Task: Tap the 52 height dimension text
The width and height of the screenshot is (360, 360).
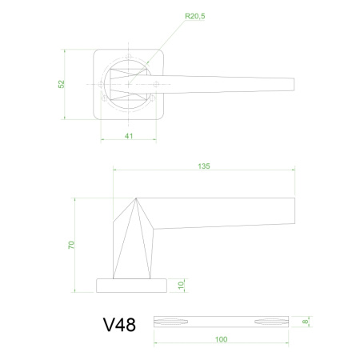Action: point(63,84)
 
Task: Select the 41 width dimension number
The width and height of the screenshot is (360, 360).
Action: point(129,135)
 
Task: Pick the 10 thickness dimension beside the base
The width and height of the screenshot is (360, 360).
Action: point(182,285)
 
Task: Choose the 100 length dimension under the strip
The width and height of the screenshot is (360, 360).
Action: point(221,339)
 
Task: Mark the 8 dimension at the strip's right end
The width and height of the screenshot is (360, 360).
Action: point(305,320)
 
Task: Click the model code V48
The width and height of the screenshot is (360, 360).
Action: point(119,325)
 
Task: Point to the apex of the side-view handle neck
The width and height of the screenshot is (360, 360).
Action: point(136,198)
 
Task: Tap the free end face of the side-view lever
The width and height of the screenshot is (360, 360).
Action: point(294,212)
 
